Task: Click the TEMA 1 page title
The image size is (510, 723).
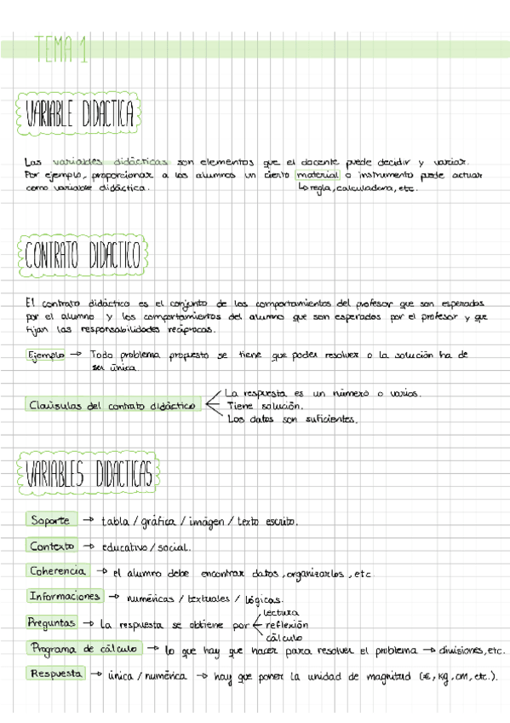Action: coord(62,51)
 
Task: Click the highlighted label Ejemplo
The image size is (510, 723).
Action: coord(45,354)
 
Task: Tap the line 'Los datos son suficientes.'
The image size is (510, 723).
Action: coord(292,419)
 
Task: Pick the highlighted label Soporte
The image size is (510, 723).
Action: coord(50,520)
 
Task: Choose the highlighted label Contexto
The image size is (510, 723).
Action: coord(52,546)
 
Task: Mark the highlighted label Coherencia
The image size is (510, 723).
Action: coord(57,571)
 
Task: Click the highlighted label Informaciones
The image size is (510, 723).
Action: coord(65,597)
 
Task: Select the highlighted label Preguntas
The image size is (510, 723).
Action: coord(53,623)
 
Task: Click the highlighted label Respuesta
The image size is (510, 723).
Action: coord(56,674)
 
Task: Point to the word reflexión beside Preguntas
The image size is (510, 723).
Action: coord(287,625)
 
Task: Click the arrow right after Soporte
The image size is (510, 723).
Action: coord(88,520)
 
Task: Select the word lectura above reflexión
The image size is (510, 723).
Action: coord(281,612)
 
